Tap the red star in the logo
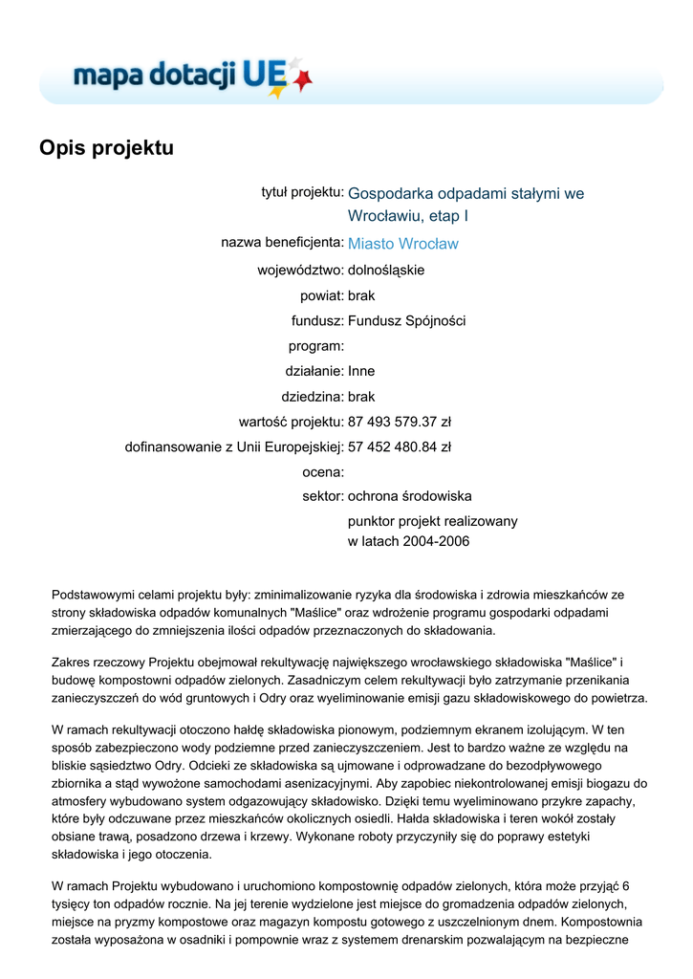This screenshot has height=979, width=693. tap(302, 80)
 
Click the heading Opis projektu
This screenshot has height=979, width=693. tap(106, 148)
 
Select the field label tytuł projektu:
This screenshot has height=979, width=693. tap(303, 192)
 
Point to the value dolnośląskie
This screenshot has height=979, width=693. tap(386, 270)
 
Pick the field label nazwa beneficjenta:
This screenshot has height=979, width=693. tap(282, 243)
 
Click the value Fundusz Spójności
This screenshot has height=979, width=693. tap(406, 320)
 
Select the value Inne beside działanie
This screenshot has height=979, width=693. tap(361, 371)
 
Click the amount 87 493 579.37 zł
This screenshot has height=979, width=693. tap(399, 421)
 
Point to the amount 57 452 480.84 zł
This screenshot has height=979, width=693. tap(399, 446)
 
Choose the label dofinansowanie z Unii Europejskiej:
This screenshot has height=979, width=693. tap(234, 446)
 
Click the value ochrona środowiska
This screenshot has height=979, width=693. tap(409, 496)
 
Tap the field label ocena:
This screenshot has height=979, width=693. tap(322, 471)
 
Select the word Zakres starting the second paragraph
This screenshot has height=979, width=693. tap(73, 661)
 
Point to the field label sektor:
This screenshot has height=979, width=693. tap(322, 496)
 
